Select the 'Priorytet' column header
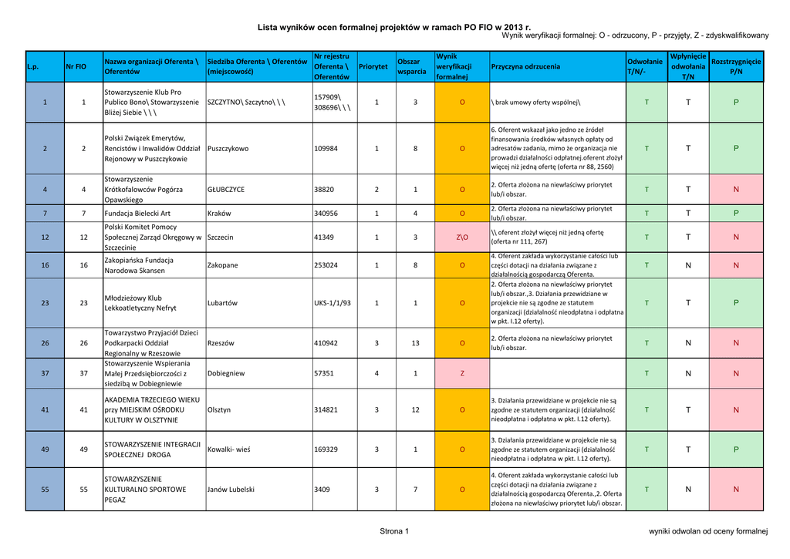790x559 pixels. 373,67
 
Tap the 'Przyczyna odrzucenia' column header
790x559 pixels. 525,67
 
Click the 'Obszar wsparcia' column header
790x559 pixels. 411,67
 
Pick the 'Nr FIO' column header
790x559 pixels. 76,67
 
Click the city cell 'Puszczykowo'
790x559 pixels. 228,149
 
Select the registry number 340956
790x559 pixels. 327,214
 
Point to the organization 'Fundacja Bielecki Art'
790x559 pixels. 137,214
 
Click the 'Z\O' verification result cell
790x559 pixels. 462,237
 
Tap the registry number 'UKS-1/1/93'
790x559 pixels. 333,303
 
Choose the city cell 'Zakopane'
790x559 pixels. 223,265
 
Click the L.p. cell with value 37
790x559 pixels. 45,373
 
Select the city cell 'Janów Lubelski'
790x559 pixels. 231,489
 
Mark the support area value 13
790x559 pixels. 415,343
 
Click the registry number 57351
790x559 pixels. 325,373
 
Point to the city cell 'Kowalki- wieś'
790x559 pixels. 229,450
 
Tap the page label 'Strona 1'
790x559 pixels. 394,531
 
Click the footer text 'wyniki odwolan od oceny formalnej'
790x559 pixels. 709,531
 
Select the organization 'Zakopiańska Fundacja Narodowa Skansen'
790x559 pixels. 139,265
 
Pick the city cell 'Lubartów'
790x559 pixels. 222,303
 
